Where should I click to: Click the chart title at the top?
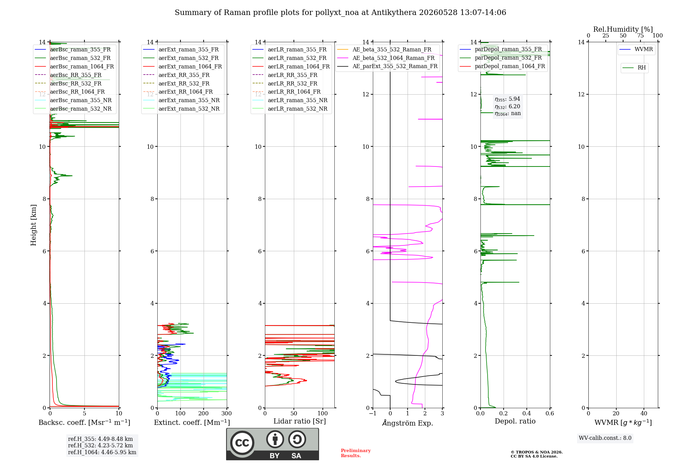[340, 13]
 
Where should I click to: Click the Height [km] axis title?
[33, 225]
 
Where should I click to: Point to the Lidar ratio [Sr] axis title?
[300, 421]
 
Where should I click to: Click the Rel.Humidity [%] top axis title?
[623, 29]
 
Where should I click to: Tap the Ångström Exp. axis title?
[408, 423]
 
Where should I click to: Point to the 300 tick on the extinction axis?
[226, 413]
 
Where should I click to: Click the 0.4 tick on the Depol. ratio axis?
[527, 413]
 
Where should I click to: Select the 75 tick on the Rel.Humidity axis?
[640, 35]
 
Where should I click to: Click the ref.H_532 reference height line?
[100, 445]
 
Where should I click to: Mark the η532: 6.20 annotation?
[507, 106]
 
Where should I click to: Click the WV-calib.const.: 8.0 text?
[605, 438]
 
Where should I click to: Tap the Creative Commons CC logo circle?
[242, 443]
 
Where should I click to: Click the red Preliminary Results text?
[356, 453]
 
